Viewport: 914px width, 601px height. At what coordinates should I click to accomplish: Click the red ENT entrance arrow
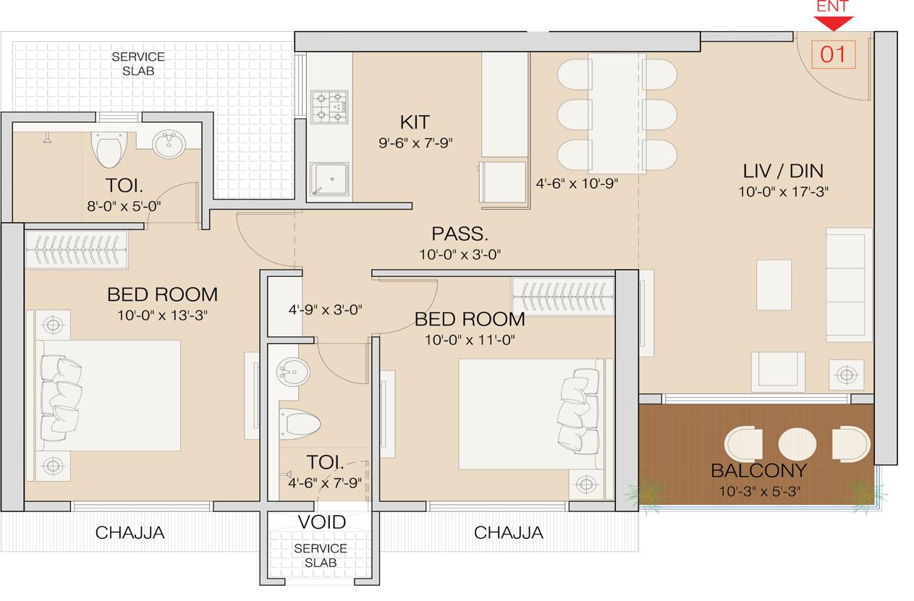click(x=832, y=22)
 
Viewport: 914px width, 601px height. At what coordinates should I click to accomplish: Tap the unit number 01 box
click(x=832, y=55)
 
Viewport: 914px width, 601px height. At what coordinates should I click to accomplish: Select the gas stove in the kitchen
click(x=329, y=106)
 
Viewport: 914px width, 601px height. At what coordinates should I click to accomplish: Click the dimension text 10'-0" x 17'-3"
click(x=784, y=192)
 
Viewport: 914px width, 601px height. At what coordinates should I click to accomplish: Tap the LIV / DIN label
click(x=784, y=171)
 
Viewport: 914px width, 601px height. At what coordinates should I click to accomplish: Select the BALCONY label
click(x=758, y=472)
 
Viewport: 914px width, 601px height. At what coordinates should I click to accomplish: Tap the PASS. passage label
click(x=460, y=234)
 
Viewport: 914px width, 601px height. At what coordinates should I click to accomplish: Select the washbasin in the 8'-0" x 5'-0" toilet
click(x=171, y=144)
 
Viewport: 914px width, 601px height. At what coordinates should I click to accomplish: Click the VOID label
click(x=321, y=522)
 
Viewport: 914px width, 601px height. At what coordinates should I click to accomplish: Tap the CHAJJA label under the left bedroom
click(x=130, y=534)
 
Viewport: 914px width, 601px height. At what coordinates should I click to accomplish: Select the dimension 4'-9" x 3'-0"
click(x=325, y=310)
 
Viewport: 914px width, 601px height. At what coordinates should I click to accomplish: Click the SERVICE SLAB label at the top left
click(x=137, y=64)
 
